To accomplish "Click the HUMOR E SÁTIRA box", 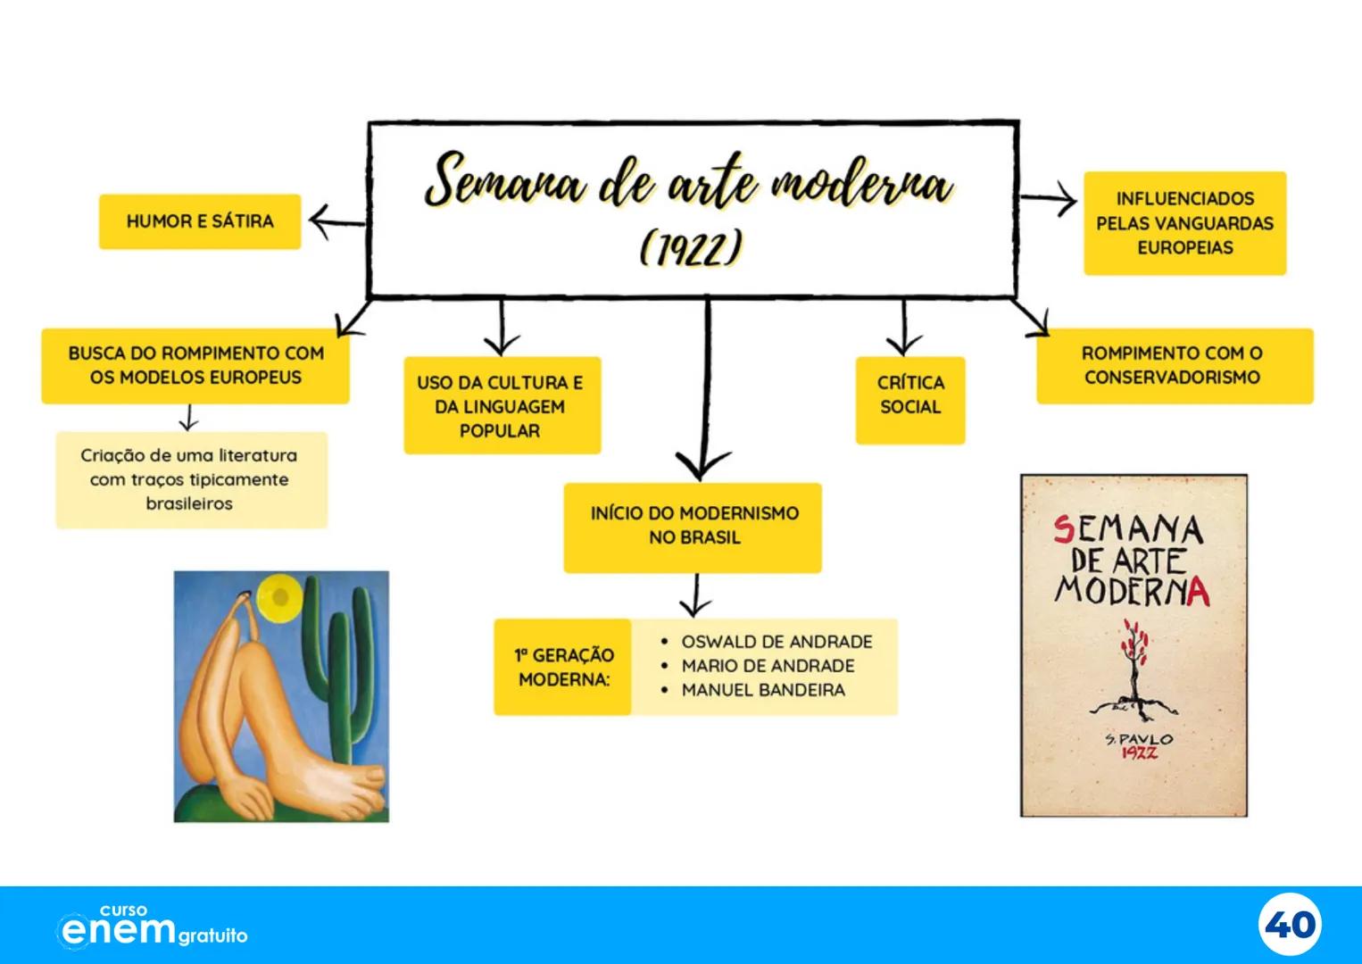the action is [200, 221].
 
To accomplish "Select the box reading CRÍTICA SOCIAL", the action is [910, 395].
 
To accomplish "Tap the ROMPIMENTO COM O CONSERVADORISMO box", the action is [1173, 366].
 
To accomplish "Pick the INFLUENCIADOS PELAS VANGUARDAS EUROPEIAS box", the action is [1184, 223].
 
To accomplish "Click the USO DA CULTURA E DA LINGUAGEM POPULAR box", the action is [501, 406].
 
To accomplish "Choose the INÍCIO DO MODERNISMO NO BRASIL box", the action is [693, 526].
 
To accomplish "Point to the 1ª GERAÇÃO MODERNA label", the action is [563, 668].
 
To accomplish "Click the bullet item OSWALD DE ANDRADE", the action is [777, 642].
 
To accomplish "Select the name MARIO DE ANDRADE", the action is [768, 666].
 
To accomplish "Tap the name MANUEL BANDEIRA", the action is [762, 690].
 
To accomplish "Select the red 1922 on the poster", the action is [1140, 753].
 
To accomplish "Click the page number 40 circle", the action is [1291, 925].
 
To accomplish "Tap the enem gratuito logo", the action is [152, 927].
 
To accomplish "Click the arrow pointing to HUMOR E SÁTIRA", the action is [336, 221].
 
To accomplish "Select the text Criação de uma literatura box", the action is [190, 479].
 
